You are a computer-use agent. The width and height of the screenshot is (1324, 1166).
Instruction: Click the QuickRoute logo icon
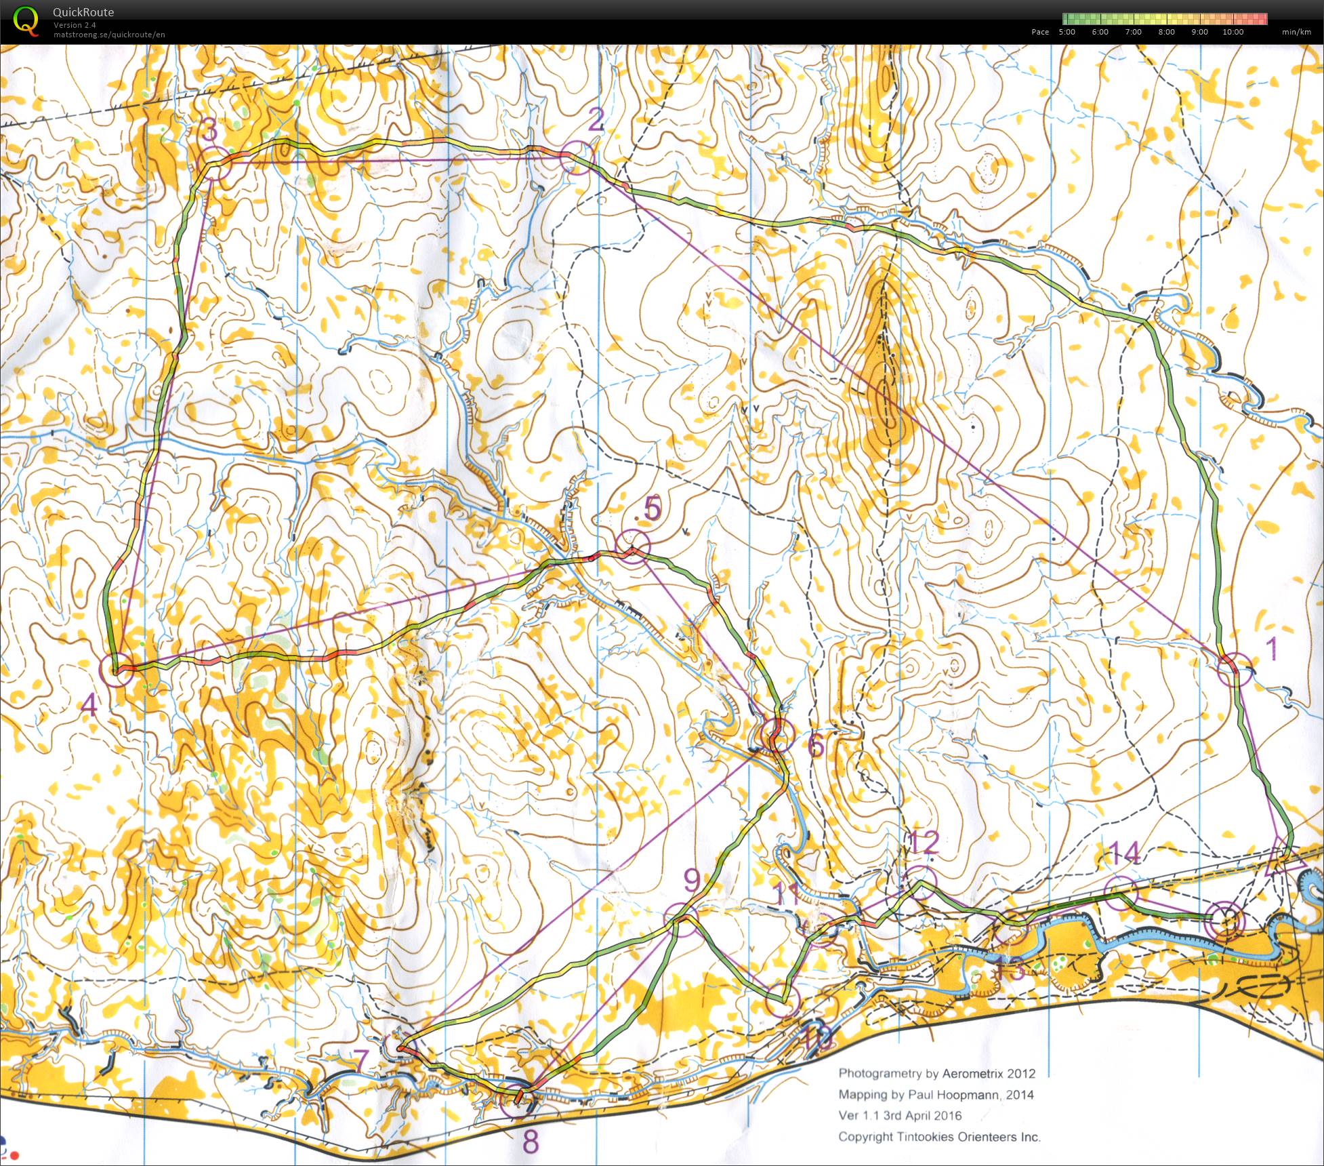[26, 20]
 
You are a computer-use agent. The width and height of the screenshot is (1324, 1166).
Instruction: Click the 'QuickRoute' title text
[83, 12]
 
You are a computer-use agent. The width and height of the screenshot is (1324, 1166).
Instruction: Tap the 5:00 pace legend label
[1067, 32]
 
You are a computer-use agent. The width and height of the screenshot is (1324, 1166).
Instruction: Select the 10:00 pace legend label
[1233, 32]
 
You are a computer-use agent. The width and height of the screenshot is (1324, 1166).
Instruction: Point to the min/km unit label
[1296, 32]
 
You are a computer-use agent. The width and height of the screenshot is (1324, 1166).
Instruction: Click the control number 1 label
[1272, 649]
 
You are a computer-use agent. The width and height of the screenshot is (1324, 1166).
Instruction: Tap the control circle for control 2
[577, 158]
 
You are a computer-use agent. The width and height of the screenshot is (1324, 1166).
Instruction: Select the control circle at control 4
[117, 670]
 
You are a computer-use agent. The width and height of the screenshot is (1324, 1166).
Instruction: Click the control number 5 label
[652, 508]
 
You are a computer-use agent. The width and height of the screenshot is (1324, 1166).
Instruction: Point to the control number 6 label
[816, 746]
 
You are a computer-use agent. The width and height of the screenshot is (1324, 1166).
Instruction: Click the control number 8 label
[531, 1142]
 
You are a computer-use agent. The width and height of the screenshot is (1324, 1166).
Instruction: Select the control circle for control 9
[681, 921]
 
